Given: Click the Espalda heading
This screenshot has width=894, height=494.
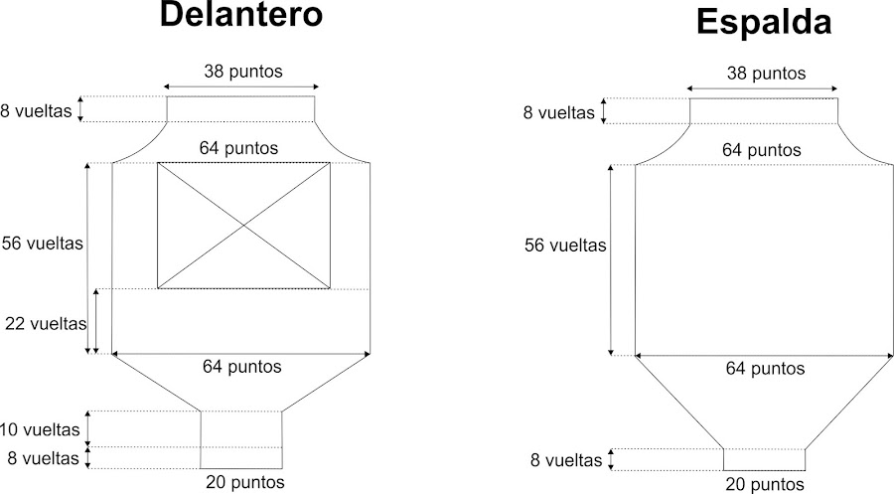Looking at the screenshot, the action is click(x=763, y=21).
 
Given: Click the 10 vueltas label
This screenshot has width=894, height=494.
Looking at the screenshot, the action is click(x=41, y=430).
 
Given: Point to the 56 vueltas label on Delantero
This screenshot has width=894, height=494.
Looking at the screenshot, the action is click(x=43, y=244).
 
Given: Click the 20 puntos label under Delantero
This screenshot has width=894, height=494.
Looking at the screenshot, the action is click(x=244, y=482).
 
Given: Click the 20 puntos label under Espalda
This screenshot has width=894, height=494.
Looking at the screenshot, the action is click(x=765, y=484).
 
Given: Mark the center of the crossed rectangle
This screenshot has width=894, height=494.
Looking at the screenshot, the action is click(x=244, y=226).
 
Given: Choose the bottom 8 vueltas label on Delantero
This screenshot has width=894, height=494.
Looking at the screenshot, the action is click(x=41, y=458).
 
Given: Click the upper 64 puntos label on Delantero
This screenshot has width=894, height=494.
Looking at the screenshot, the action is click(x=238, y=148).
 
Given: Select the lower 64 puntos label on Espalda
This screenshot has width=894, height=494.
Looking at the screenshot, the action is click(x=764, y=369).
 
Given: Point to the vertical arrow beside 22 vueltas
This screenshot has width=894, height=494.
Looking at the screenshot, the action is click(x=96, y=321).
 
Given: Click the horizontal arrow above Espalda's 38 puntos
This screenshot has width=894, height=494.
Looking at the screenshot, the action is click(x=763, y=89).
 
